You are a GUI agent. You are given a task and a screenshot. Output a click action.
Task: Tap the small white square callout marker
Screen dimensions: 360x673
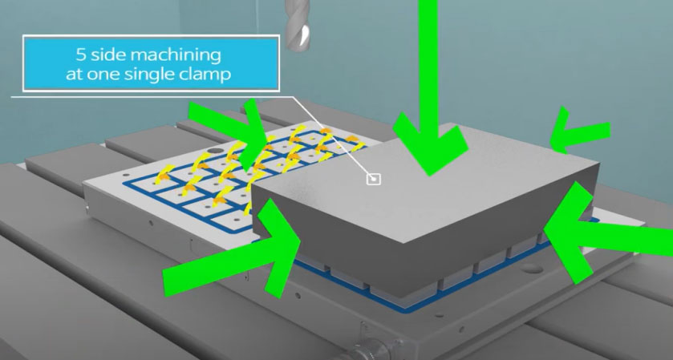tap(372, 178)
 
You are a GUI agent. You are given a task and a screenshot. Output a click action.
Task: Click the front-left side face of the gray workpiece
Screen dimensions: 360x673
tap(337, 241)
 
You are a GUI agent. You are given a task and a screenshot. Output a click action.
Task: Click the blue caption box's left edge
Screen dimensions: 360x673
tap(25, 64)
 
